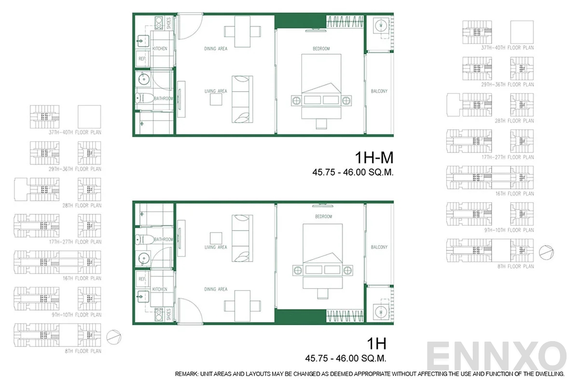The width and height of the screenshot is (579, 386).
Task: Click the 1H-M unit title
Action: (x=374, y=158)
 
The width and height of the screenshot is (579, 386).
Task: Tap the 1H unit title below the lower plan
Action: (x=376, y=344)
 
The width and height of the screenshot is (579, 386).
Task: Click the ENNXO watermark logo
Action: (x=497, y=357)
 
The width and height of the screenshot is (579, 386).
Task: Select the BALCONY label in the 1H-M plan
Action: (x=379, y=91)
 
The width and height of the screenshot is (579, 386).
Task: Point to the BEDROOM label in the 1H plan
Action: (x=323, y=217)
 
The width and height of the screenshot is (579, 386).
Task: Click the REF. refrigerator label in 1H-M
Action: (x=142, y=58)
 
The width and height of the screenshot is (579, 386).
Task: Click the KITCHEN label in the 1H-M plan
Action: (x=160, y=49)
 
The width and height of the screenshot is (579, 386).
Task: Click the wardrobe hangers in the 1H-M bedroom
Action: (x=345, y=22)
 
